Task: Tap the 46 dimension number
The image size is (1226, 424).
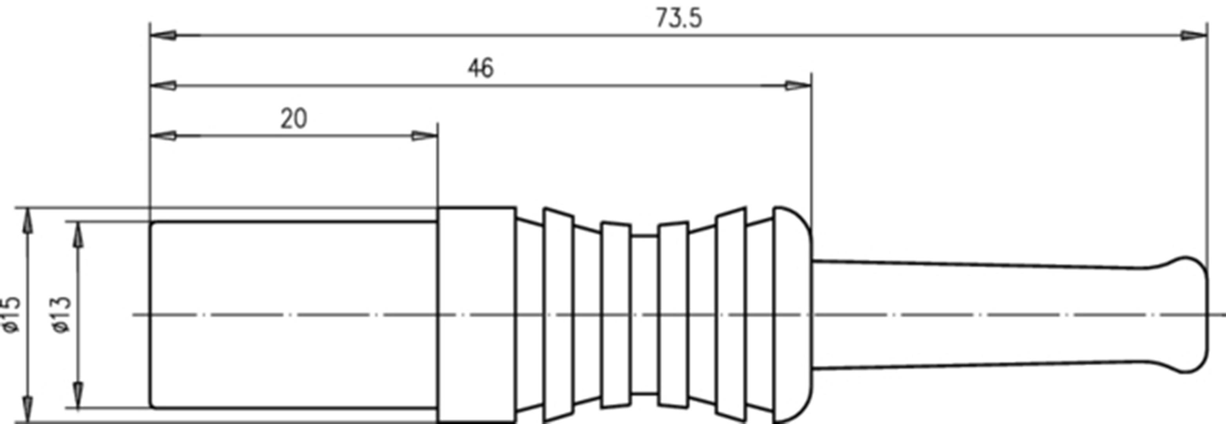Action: pyautogui.click(x=481, y=69)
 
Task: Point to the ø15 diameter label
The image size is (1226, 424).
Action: pyautogui.click(x=11, y=315)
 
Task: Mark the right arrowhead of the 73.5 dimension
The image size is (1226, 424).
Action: pyautogui.click(x=1194, y=36)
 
